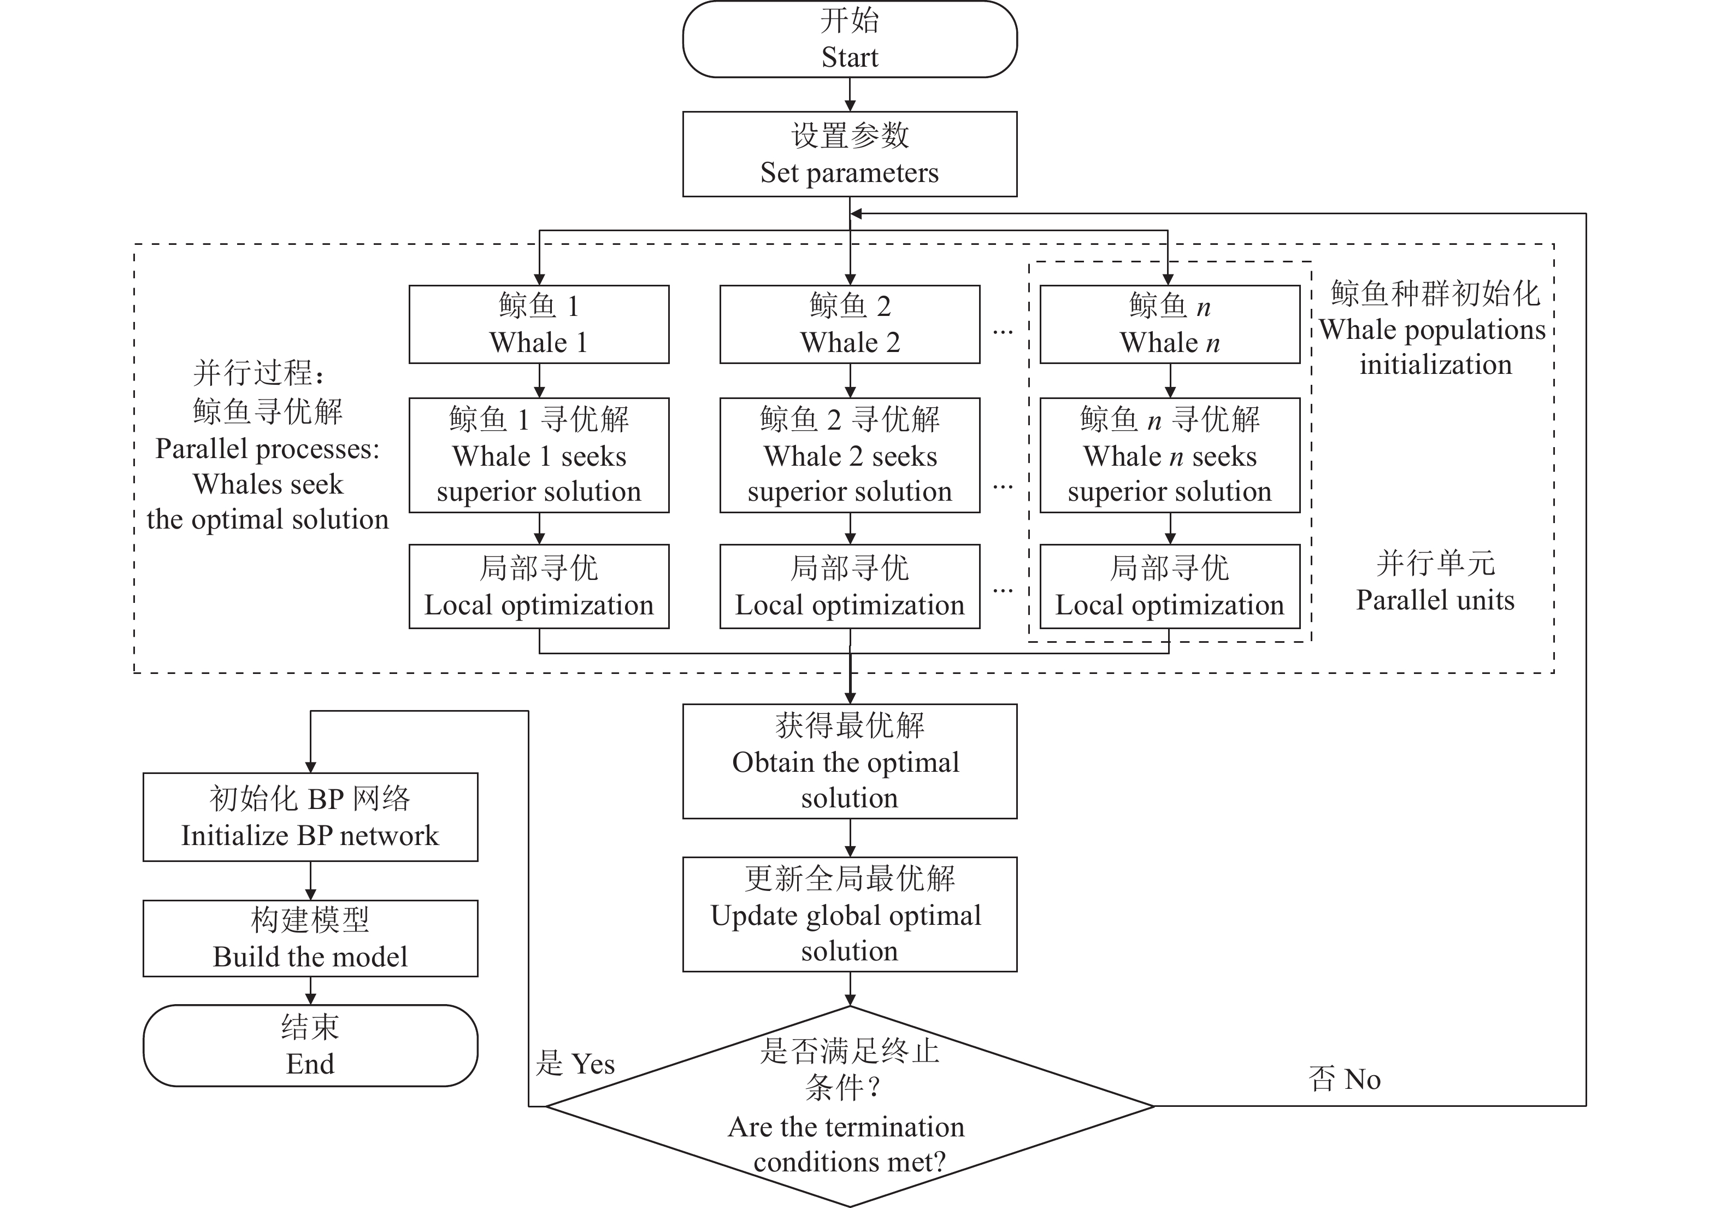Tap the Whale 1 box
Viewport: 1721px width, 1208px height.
[539, 324]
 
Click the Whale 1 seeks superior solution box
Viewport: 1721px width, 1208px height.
[539, 455]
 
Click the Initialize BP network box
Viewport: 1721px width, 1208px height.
[310, 817]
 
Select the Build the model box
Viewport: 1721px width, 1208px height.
[310, 938]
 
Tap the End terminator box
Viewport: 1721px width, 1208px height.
[310, 1045]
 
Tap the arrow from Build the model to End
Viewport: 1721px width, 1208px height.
[310, 990]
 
